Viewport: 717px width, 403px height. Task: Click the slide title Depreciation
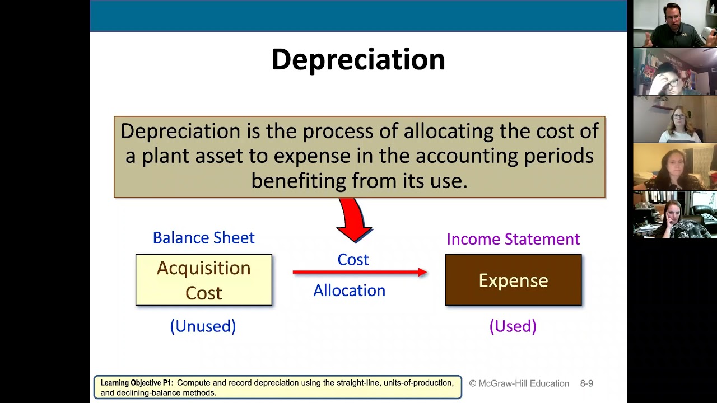(358, 60)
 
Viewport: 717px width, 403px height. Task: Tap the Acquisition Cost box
(203, 280)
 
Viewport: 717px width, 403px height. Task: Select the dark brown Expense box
(513, 280)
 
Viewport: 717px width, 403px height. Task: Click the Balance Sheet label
(203, 238)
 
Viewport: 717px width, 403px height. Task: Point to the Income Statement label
(513, 239)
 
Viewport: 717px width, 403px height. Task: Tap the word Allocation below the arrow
(349, 290)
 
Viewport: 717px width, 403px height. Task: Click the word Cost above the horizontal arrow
(353, 260)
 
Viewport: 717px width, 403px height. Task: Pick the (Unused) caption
(203, 326)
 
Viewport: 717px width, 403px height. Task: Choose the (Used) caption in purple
(513, 326)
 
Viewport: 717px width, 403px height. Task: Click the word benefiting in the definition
(298, 181)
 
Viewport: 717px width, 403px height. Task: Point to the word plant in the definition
(165, 156)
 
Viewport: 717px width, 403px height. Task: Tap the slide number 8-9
(586, 383)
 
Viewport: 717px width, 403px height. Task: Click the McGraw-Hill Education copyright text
(519, 383)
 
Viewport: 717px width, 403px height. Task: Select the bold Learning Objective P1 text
(136, 383)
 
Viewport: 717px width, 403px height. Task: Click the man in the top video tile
(674, 25)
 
